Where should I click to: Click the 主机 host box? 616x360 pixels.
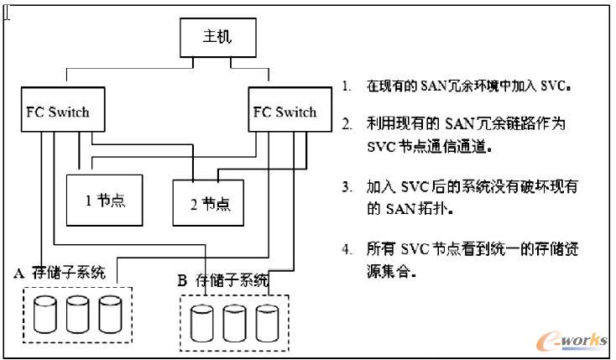pyautogui.click(x=217, y=39)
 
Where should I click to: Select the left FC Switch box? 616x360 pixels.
pyautogui.click(x=55, y=112)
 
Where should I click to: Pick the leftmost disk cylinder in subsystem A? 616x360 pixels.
pyautogui.click(x=46, y=314)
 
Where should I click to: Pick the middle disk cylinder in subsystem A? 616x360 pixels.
pyautogui.click(x=78, y=314)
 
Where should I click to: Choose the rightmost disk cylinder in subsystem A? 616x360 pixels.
pyautogui.click(x=110, y=314)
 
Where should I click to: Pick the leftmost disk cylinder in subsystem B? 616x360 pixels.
pyautogui.click(x=202, y=323)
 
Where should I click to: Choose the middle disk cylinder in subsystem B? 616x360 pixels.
pyautogui.click(x=235, y=323)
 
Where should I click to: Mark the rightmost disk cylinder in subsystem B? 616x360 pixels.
pyautogui.click(x=267, y=323)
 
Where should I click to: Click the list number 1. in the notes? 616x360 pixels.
pyautogui.click(x=346, y=86)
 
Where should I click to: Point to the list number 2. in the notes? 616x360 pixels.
pyautogui.click(x=346, y=124)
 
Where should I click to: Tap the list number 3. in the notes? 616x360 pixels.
pyautogui.click(x=346, y=187)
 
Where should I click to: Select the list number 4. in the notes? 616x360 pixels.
pyautogui.click(x=346, y=250)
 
